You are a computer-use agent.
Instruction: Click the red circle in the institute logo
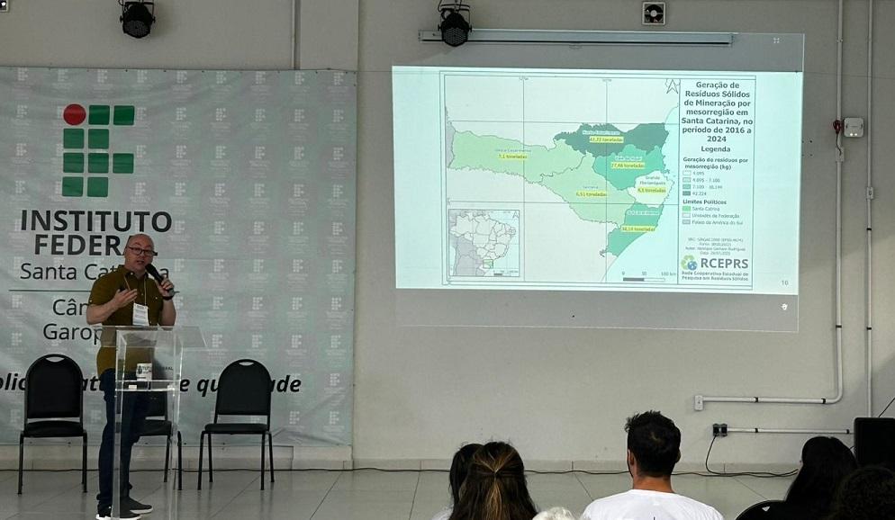click(74, 114)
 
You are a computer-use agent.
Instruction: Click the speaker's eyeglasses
click(140, 251)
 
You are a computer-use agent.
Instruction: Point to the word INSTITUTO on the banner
click(96, 220)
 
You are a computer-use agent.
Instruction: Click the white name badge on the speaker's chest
click(140, 313)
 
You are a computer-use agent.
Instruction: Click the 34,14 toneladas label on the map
click(637, 229)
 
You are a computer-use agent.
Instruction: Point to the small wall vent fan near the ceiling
click(654, 13)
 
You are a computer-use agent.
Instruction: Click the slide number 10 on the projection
click(784, 282)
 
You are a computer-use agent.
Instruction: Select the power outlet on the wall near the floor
click(719, 429)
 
